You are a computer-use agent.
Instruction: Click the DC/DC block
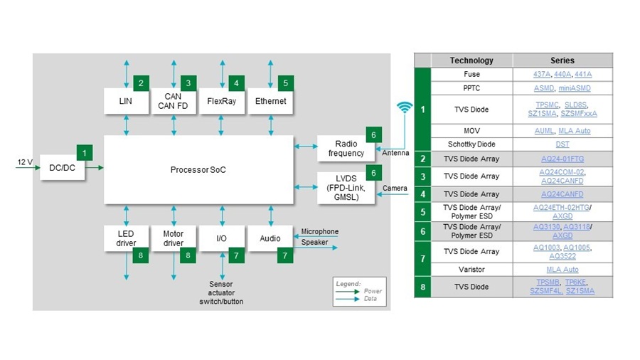point(63,168)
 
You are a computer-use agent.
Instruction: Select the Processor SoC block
point(198,169)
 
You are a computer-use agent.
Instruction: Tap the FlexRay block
point(222,101)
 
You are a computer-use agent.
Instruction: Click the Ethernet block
point(270,101)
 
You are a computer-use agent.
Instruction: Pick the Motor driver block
point(174,238)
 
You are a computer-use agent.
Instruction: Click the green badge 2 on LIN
point(142,83)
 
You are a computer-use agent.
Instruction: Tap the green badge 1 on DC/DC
point(85,152)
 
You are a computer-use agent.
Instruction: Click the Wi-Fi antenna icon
point(405,108)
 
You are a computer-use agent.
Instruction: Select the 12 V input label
point(25,162)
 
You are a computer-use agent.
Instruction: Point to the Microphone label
point(319,231)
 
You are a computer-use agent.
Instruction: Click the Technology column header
point(471,60)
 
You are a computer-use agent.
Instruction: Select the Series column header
point(562,60)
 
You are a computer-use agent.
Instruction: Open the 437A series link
point(542,74)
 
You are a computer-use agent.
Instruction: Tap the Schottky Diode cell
point(471,144)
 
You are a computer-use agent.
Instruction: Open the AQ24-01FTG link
point(562,159)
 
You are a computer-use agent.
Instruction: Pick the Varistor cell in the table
point(471,270)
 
